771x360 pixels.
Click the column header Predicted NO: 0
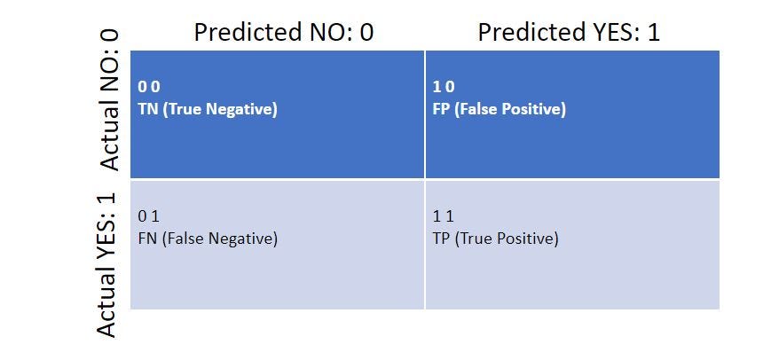[284, 33]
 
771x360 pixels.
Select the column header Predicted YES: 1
[569, 33]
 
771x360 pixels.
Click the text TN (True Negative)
[208, 109]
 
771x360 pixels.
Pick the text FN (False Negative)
[208, 239]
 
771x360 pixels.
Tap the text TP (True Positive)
[495, 239]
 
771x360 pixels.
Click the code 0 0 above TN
[149, 87]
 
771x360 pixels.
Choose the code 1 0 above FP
[444, 87]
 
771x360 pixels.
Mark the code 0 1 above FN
[149, 216]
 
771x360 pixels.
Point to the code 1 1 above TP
[443, 216]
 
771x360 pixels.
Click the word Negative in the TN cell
[241, 109]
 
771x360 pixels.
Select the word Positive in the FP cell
[531, 109]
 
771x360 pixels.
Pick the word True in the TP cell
[472, 239]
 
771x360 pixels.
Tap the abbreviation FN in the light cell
[147, 239]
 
